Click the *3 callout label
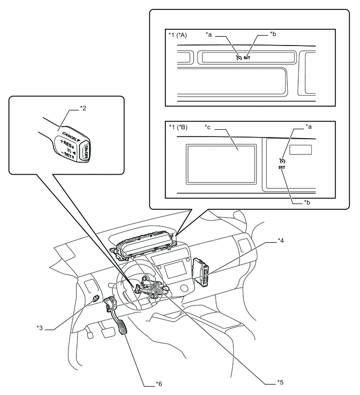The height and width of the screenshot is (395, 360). click(40, 328)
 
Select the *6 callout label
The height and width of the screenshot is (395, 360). click(159, 384)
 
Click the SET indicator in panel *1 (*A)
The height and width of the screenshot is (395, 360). click(247, 58)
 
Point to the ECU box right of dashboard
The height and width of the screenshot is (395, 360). click(201, 272)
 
